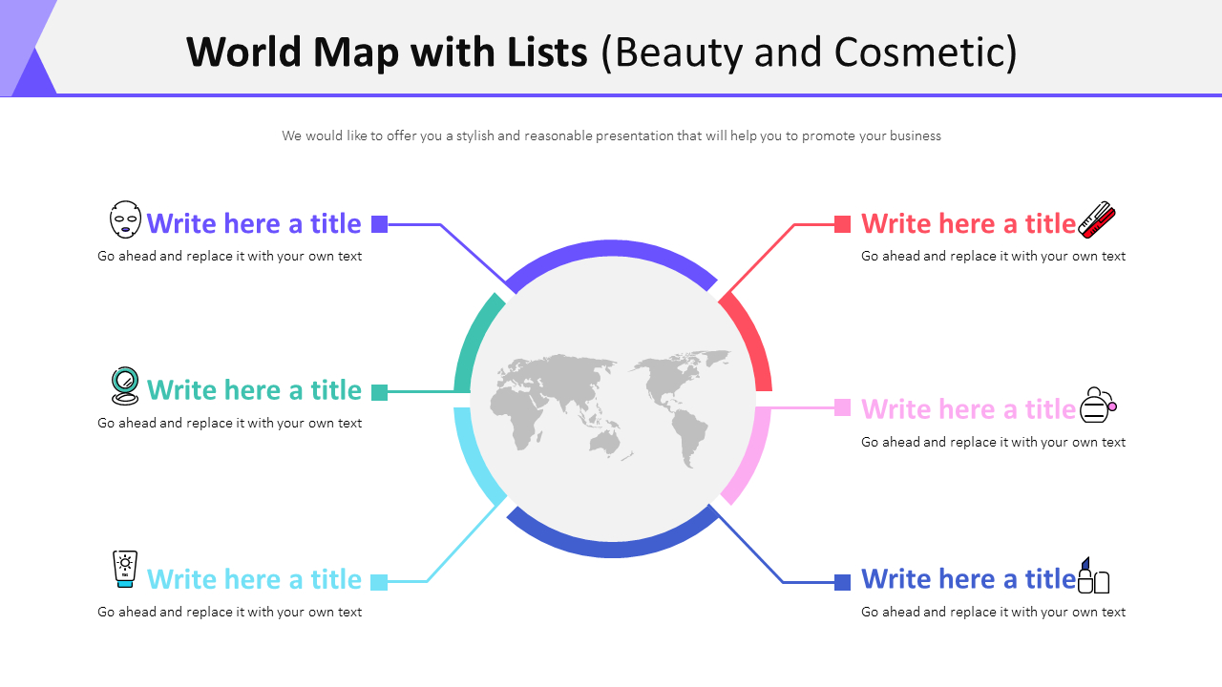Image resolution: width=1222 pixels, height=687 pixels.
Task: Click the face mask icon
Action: (x=125, y=219)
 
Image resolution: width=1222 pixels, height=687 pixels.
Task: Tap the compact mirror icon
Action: (x=125, y=386)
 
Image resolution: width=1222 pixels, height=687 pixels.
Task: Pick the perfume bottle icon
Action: (x=1098, y=406)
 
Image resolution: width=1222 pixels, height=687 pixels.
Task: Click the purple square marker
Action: (x=379, y=224)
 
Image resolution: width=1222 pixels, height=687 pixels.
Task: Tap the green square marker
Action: (x=379, y=392)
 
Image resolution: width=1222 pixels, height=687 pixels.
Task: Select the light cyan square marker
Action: (x=379, y=581)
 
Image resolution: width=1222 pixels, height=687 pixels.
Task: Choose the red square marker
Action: (x=842, y=224)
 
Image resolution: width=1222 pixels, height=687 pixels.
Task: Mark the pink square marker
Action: (x=842, y=407)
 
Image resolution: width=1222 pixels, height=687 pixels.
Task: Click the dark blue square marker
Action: (x=842, y=581)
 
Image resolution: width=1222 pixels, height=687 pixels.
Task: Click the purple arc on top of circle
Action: (x=611, y=249)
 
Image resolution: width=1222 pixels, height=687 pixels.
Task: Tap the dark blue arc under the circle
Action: (x=611, y=549)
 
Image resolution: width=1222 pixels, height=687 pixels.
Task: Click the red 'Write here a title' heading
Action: (x=968, y=223)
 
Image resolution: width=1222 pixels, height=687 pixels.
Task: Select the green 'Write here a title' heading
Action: (x=254, y=390)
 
